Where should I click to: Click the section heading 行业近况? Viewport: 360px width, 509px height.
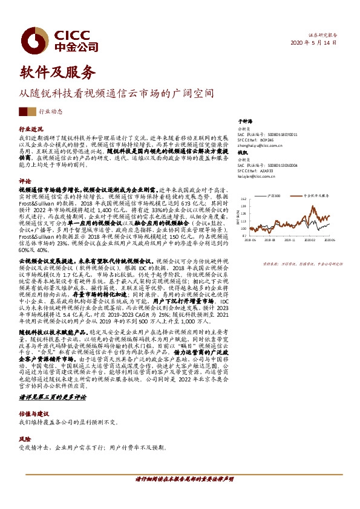(x=31, y=129)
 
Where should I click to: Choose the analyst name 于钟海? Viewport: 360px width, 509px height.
(x=243, y=122)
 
